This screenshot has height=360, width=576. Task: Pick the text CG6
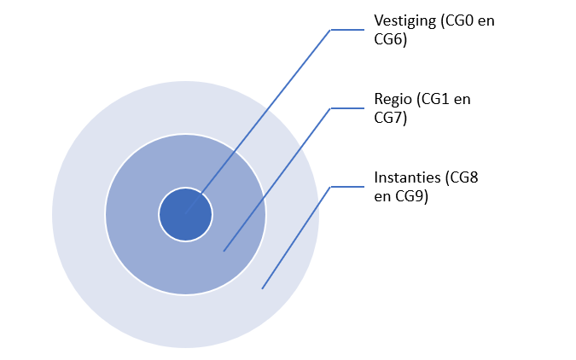click(x=389, y=38)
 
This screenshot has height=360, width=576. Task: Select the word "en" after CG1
click(x=462, y=99)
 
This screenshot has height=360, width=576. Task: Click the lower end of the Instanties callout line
click(x=262, y=288)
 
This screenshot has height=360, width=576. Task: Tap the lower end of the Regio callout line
click(x=224, y=251)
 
